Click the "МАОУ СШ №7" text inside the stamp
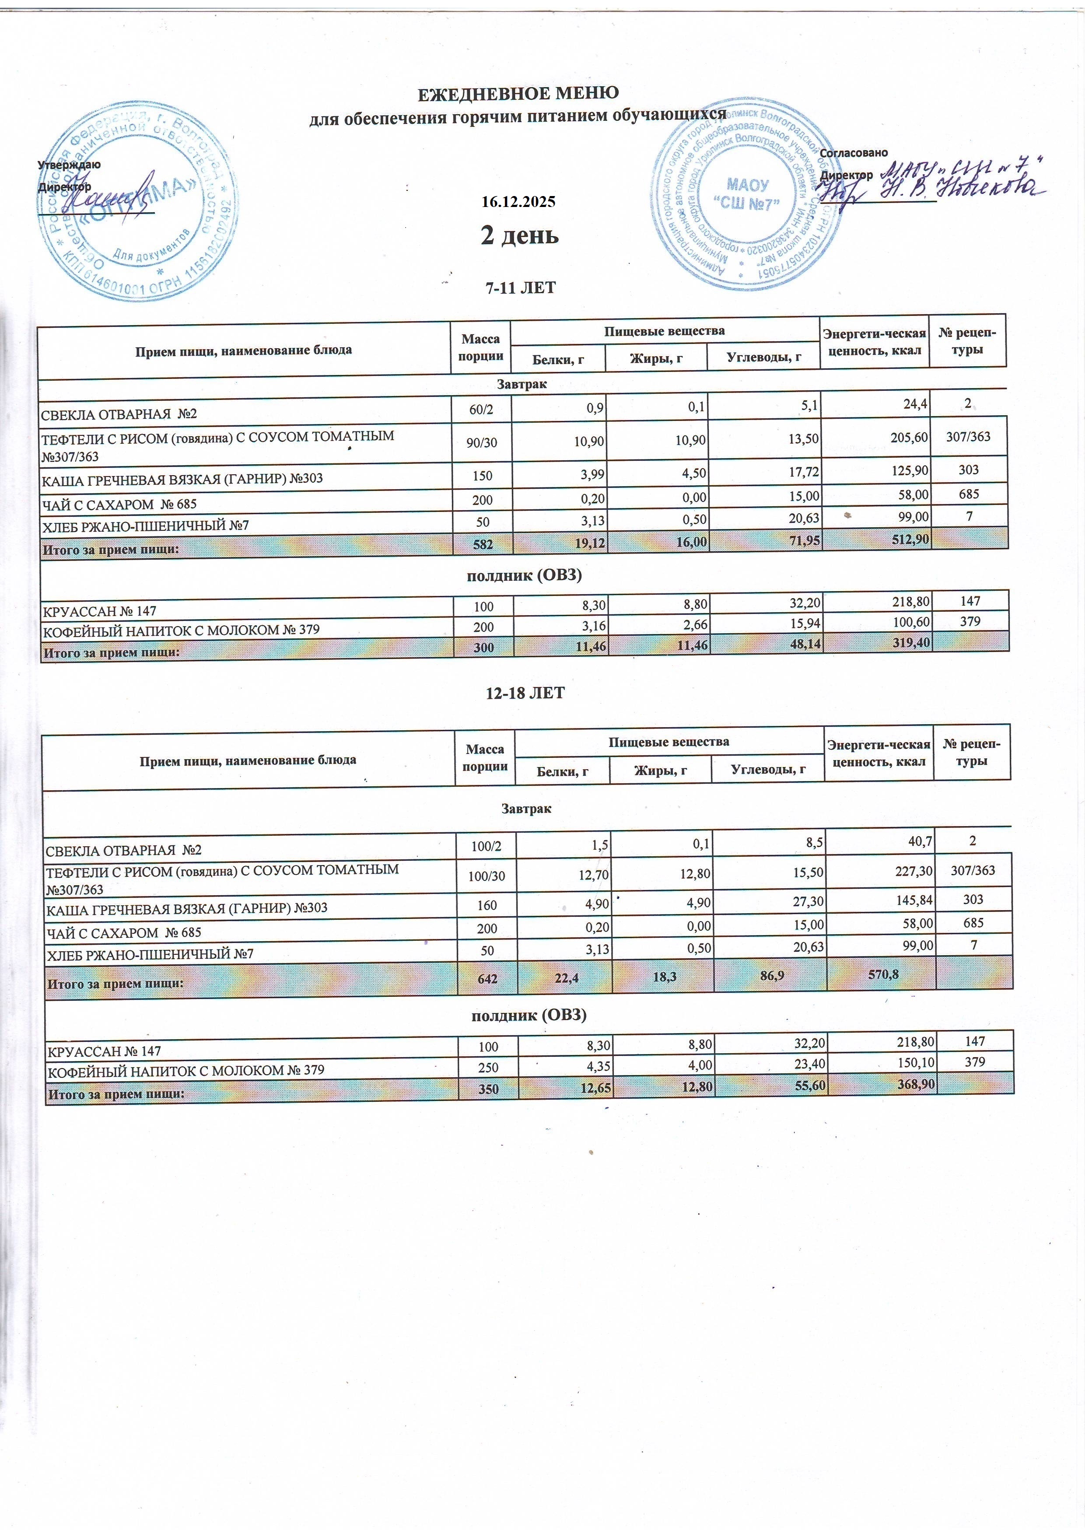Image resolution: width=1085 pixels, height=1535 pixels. click(x=747, y=194)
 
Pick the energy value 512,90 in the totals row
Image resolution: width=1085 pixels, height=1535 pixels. click(x=906, y=539)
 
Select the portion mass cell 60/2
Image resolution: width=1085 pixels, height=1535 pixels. click(x=481, y=410)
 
